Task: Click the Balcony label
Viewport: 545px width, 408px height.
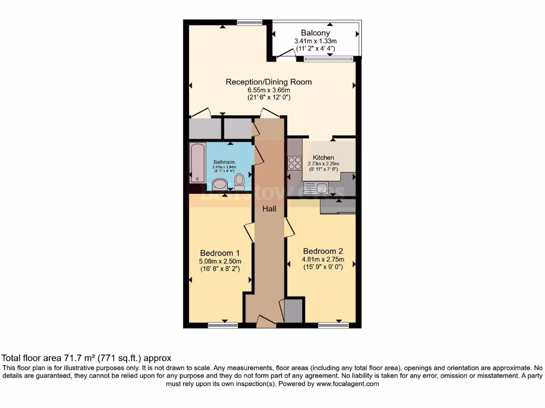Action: coord(317,32)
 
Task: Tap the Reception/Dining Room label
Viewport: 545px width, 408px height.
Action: coord(269,82)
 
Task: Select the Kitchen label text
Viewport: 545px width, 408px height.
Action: coord(323,157)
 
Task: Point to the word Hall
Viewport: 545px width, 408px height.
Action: coord(269,209)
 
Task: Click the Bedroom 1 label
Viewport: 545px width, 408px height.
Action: coord(220,253)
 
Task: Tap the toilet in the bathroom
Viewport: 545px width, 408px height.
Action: coord(240,182)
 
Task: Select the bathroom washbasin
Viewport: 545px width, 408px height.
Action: coord(219,185)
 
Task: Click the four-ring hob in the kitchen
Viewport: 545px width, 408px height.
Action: coord(294,163)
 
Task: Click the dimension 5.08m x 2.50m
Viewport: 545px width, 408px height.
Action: coord(220,261)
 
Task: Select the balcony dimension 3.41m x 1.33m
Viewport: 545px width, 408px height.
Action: coord(317,41)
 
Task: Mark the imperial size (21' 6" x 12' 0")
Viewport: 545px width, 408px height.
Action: coord(269,97)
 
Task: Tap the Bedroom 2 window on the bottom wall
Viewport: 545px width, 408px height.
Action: coord(333,325)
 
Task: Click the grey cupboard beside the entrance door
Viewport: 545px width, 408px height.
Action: coord(293,311)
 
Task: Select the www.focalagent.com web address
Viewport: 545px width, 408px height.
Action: coord(348,384)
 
